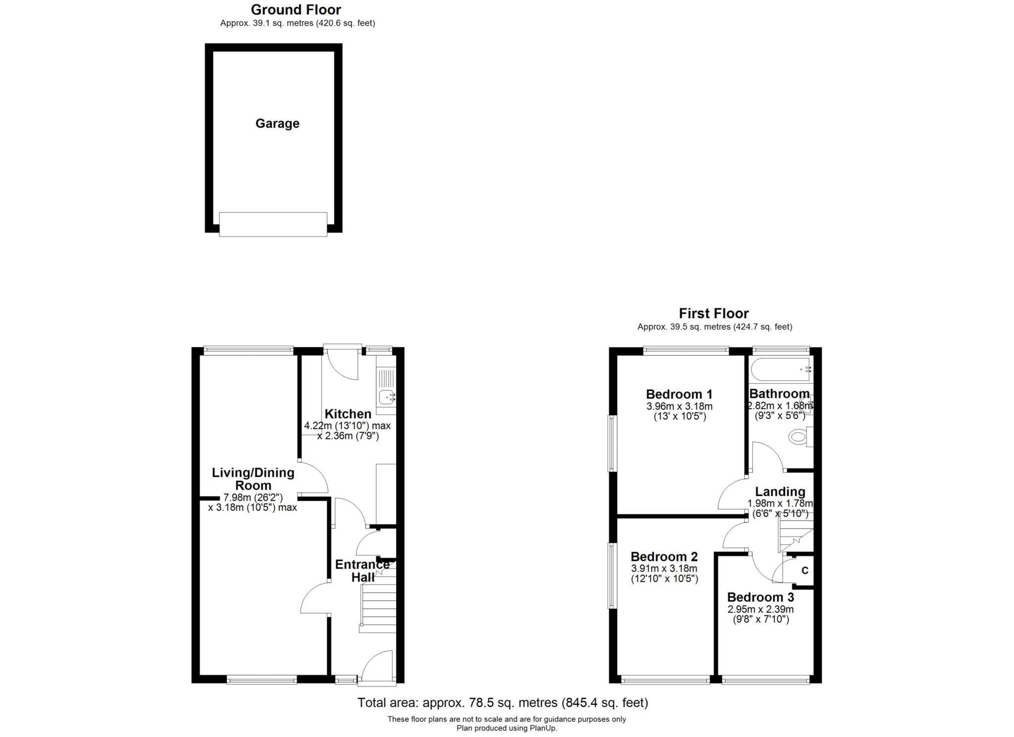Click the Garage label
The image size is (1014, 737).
click(x=277, y=123)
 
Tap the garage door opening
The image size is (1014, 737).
click(x=273, y=224)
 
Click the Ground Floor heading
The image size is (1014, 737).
click(x=296, y=9)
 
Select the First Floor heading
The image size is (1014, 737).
click(x=713, y=313)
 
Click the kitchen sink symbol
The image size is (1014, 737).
click(x=386, y=396)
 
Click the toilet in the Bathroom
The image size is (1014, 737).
click(x=799, y=437)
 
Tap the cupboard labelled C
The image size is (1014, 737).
click(x=805, y=571)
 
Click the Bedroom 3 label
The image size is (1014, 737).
click(x=760, y=597)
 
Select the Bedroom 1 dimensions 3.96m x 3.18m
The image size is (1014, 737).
click(x=679, y=407)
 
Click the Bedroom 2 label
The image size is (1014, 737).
click(x=664, y=556)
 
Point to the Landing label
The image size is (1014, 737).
click(x=780, y=491)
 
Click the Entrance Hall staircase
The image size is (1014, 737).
click(x=379, y=606)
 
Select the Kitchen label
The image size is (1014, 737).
click(x=348, y=414)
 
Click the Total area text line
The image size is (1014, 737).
click(x=503, y=702)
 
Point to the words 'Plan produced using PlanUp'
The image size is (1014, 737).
click(x=507, y=728)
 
